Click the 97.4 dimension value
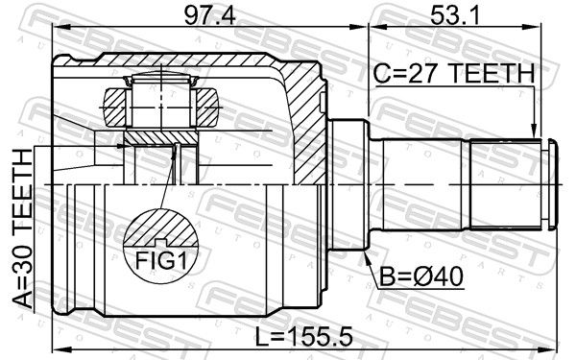point(209,15)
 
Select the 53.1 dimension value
point(455,15)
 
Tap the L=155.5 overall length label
point(304,337)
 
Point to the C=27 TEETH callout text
point(454,74)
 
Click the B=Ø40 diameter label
point(421,276)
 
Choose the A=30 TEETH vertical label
point(23,228)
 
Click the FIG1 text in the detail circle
point(161,261)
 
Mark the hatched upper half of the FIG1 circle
point(161,228)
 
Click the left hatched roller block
point(115,107)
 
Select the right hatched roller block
point(206,107)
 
